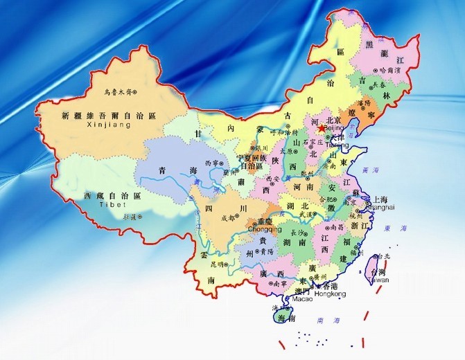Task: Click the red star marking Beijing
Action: pyautogui.click(x=321, y=128)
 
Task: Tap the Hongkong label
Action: pyautogui.click(x=329, y=294)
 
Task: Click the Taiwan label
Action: pyautogui.click(x=378, y=280)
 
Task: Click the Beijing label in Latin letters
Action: pyautogui.click(x=333, y=129)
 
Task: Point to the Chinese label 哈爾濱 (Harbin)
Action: pyautogui.click(x=389, y=71)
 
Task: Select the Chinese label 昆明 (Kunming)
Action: pyautogui.click(x=216, y=264)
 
